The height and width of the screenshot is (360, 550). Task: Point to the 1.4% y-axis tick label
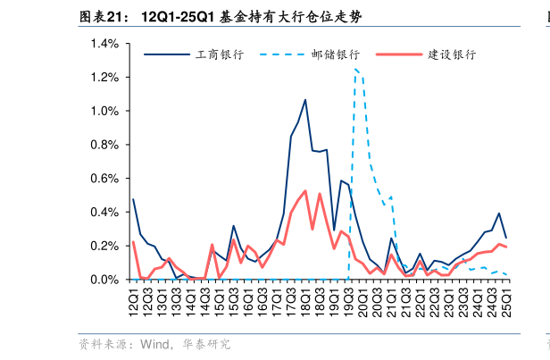click(104, 44)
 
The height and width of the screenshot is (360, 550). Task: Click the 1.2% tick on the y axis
click(104, 78)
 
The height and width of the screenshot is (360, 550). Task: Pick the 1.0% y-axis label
click(104, 112)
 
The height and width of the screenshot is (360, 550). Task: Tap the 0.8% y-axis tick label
click(104, 145)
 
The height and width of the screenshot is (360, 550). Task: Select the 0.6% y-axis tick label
click(104, 179)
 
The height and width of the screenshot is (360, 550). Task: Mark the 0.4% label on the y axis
click(104, 213)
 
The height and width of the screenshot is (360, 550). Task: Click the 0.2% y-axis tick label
click(104, 246)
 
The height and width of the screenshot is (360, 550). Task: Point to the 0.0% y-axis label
click(104, 280)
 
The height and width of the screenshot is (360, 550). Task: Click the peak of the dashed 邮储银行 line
click(355, 69)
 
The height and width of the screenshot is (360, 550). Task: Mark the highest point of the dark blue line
click(305, 100)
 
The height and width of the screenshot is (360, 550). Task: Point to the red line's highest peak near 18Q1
click(305, 191)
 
